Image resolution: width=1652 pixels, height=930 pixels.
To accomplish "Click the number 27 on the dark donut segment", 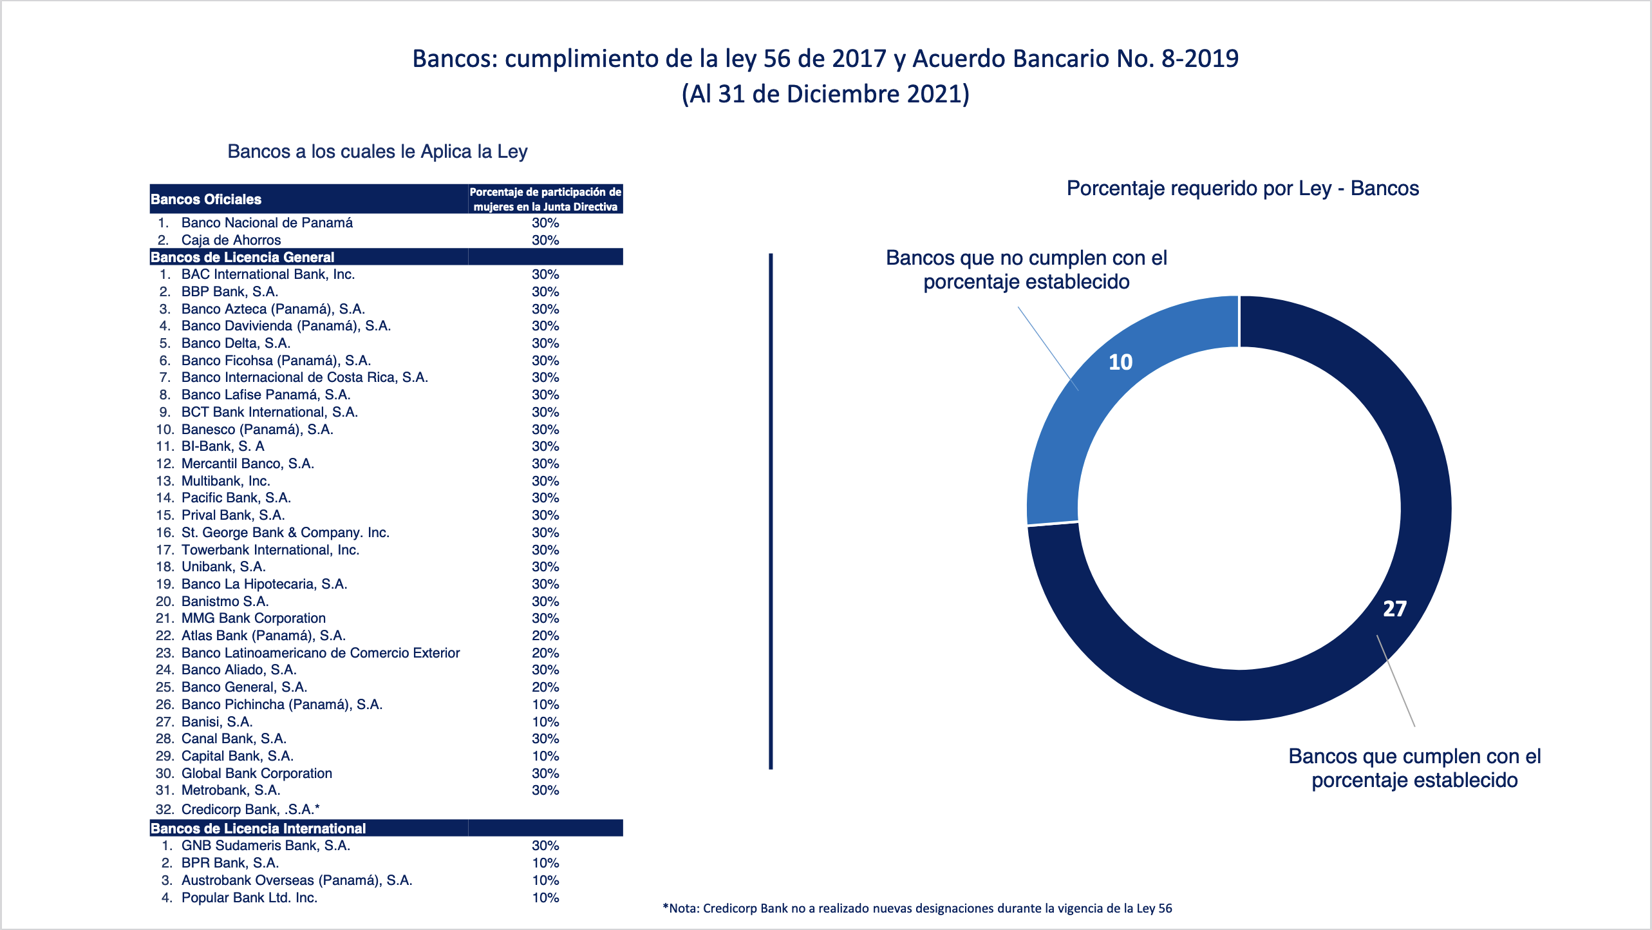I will tap(1394, 609).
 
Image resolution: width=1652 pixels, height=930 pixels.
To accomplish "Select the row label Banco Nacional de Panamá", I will tap(267, 223).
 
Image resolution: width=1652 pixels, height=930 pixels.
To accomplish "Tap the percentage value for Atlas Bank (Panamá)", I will tap(545, 636).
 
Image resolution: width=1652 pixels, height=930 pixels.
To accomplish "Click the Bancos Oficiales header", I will tap(206, 200).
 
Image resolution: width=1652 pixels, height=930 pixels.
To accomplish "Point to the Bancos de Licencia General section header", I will tap(242, 257).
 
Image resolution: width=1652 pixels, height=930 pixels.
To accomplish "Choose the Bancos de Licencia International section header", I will tap(258, 828).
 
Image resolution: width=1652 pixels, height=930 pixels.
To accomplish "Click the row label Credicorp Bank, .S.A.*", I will tap(250, 810).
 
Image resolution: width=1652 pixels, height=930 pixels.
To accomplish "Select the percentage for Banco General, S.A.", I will tap(545, 687).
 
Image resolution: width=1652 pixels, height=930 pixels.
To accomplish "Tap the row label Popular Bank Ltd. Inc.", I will tap(249, 898).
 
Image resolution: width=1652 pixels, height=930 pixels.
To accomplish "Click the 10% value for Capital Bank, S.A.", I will tap(545, 756).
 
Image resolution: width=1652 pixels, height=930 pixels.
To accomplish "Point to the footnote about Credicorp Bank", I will tap(917, 909).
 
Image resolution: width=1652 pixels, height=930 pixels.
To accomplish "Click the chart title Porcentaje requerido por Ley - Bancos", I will tap(1243, 188).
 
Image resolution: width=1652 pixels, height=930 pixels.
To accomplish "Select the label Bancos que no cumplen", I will tap(1026, 270).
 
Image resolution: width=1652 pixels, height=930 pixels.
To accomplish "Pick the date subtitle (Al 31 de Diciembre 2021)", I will tap(825, 94).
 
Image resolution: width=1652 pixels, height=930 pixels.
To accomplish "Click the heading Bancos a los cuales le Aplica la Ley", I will tap(377, 151).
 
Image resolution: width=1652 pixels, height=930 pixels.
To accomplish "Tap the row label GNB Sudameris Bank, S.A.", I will tap(265, 846).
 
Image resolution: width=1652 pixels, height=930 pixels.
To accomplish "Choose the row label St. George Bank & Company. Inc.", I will tap(285, 533).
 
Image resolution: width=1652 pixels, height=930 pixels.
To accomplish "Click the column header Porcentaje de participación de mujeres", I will tap(545, 199).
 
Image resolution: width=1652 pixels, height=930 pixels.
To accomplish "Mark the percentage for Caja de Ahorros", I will tap(545, 240).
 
